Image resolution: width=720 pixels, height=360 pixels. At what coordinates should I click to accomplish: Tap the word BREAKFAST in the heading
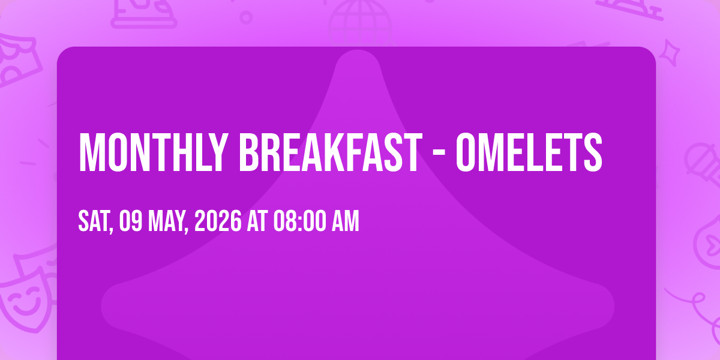click(x=330, y=152)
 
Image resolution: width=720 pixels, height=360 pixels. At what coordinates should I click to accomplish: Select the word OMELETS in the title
click(x=529, y=152)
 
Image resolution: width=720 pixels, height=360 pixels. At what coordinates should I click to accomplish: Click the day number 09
click(x=131, y=221)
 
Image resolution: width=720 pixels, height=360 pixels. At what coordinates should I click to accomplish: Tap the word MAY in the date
click(x=167, y=221)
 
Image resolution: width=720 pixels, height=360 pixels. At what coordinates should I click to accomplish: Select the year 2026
click(x=218, y=221)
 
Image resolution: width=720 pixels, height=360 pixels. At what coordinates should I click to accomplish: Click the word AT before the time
click(x=257, y=221)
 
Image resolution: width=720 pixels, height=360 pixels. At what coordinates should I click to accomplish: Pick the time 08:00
click(x=299, y=221)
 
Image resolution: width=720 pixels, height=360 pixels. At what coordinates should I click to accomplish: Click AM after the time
click(x=345, y=221)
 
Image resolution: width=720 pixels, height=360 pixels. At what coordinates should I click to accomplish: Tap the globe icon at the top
click(x=360, y=23)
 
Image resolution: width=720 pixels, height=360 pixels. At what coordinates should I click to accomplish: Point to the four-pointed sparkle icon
click(x=669, y=53)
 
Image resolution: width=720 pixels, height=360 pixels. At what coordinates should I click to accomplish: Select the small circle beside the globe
click(x=246, y=17)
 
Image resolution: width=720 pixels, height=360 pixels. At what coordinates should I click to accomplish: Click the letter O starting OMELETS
click(x=466, y=152)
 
